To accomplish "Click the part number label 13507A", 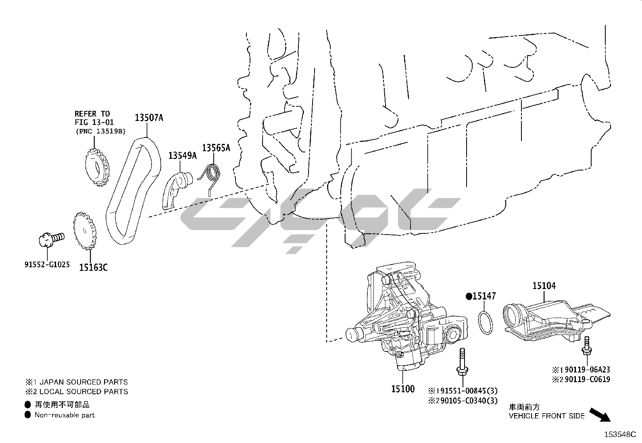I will pyautogui.click(x=149, y=118).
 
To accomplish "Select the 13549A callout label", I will pyautogui.click(x=182, y=155).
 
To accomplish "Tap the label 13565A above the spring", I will pyautogui.click(x=216, y=148).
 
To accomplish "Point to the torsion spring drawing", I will pyautogui.click(x=211, y=176).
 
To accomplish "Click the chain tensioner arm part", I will pyautogui.click(x=176, y=189).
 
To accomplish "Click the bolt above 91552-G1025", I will pyautogui.click(x=50, y=239).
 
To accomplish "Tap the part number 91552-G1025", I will pyautogui.click(x=46, y=265).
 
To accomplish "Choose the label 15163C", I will pyautogui.click(x=93, y=267).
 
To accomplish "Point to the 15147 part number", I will pyautogui.click(x=484, y=296).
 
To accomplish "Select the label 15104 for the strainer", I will pyautogui.click(x=544, y=286).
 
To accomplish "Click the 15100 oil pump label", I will pyautogui.click(x=402, y=389).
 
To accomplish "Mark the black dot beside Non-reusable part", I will pyautogui.click(x=27, y=415).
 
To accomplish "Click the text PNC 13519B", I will pyautogui.click(x=100, y=131).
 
